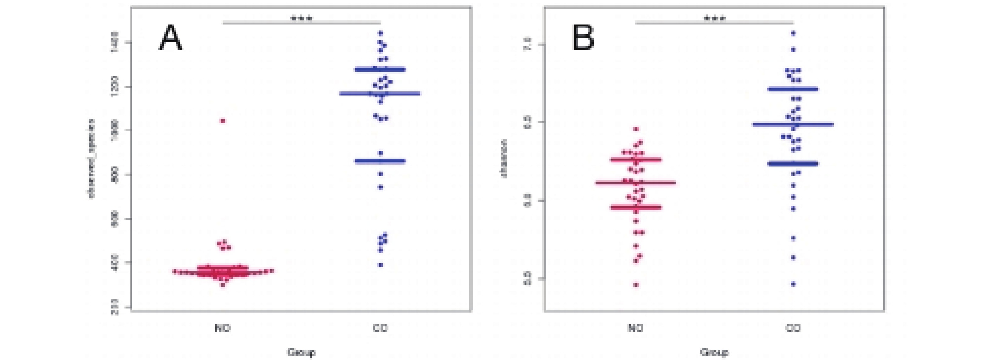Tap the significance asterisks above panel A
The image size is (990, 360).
click(302, 18)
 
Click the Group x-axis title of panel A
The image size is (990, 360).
click(302, 352)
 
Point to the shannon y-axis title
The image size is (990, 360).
click(504, 159)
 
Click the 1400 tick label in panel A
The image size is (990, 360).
click(114, 43)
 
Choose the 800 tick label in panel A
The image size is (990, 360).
click(114, 175)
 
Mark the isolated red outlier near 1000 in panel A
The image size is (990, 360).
click(223, 121)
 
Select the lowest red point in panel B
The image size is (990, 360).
click(636, 285)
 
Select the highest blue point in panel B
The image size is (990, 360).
click(793, 33)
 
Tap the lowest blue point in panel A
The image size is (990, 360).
click(380, 265)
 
